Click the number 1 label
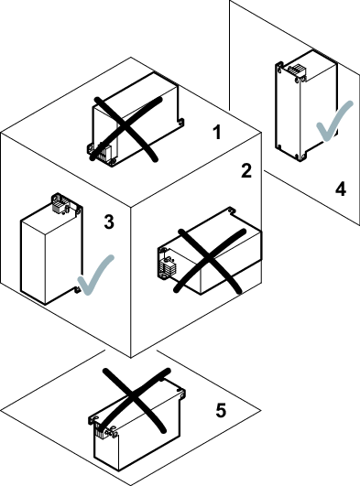217,132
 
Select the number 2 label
246,171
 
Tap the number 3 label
109,221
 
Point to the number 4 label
341,189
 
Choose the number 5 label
221,410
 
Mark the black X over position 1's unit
125,129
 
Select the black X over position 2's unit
211,261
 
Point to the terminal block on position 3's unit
58,206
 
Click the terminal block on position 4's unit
296,70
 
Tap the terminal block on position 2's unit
168,267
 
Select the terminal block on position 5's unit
99,430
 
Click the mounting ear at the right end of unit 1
180,122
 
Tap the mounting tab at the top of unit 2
231,211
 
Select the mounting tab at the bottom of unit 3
78,289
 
